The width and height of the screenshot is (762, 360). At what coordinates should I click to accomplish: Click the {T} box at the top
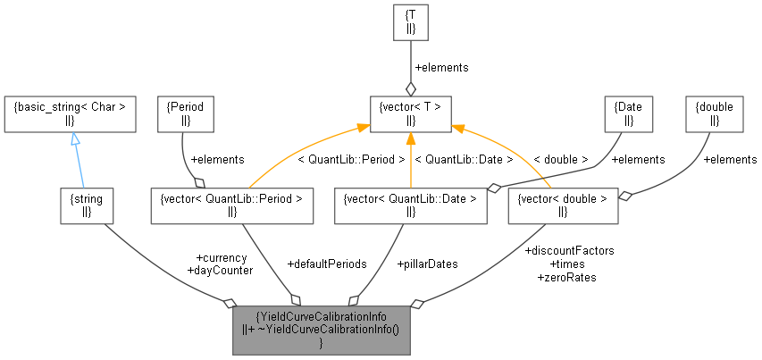tap(410, 22)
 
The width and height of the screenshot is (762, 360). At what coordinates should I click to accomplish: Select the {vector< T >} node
tap(410, 113)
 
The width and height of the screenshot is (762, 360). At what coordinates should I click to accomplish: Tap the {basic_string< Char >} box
tap(70, 113)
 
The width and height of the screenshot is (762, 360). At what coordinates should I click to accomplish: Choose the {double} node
tap(715, 113)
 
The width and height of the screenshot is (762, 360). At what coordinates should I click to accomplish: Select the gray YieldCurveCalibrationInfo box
tap(321, 331)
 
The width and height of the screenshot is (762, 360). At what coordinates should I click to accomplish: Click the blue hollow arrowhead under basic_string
tap(75, 139)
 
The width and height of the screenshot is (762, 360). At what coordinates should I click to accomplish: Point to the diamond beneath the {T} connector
tap(410, 88)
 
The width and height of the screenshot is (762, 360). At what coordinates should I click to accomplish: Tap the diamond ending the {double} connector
tap(624, 196)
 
